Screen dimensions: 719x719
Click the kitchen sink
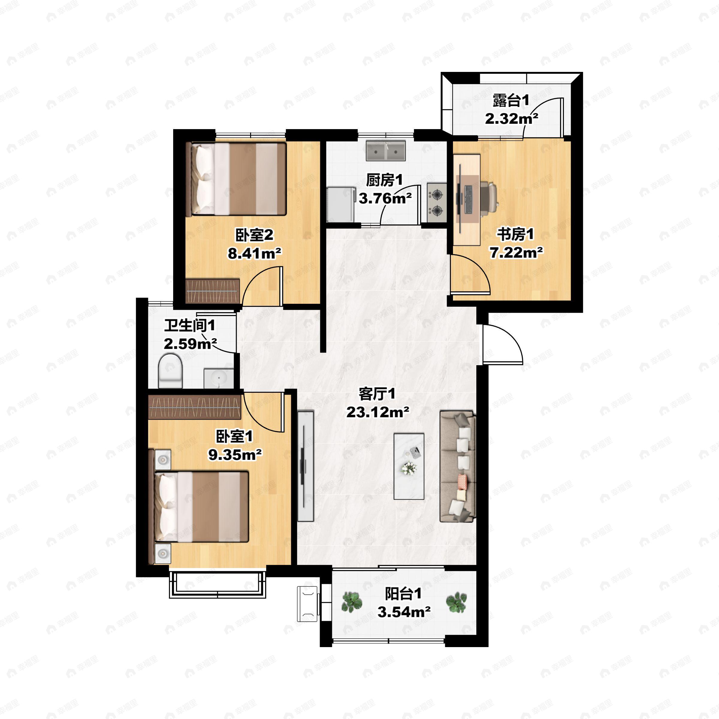(x=386, y=150)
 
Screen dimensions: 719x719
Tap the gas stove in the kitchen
(x=436, y=203)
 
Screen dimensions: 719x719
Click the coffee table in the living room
(x=409, y=466)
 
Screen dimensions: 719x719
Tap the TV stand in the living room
(x=306, y=466)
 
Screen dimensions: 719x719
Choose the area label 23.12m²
(x=378, y=412)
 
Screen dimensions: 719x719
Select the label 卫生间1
(x=190, y=326)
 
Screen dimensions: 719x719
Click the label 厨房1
(x=384, y=180)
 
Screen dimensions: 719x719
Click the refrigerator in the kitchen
(x=340, y=205)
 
